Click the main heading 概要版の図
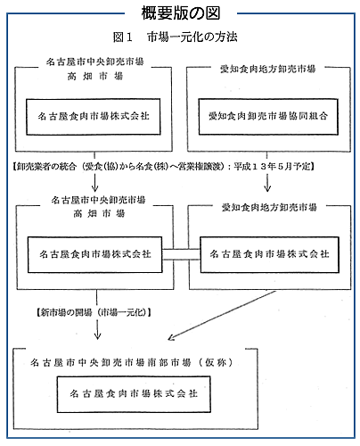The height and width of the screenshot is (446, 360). [181, 13]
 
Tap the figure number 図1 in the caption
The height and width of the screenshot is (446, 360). [122, 37]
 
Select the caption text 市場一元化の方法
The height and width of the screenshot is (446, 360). [192, 37]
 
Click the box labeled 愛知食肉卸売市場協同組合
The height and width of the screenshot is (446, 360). [268, 117]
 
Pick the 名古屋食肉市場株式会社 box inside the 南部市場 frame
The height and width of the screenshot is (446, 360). [134, 394]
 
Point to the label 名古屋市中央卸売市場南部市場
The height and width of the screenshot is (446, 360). [110, 362]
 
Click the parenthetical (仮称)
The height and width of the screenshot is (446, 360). [216, 362]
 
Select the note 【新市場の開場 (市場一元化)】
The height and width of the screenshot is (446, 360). [94, 312]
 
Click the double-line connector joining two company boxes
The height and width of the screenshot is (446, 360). [181, 254]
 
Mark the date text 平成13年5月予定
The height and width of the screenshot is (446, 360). [272, 166]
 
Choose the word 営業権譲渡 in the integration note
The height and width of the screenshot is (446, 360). [204, 167]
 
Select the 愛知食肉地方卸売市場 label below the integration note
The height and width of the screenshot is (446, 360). [269, 207]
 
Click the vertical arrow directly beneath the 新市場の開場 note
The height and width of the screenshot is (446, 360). [97, 329]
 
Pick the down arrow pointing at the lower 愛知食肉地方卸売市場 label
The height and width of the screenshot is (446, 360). [267, 183]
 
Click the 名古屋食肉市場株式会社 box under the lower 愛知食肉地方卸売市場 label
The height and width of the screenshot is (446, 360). [269, 254]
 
